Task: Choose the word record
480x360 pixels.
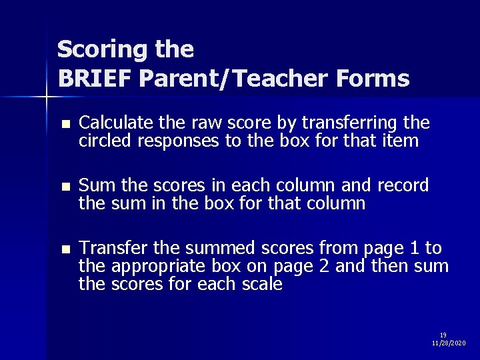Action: pos(403,185)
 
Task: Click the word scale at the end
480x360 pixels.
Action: pos(264,284)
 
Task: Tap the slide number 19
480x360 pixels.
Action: pos(443,335)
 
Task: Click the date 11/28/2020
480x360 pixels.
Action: pos(449,343)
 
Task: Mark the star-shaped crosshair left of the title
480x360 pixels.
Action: pos(46,97)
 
